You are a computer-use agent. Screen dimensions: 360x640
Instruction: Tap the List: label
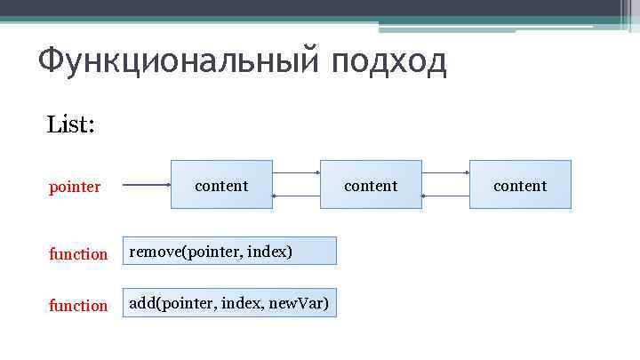[x=71, y=124]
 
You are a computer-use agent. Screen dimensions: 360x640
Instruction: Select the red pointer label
[x=75, y=188]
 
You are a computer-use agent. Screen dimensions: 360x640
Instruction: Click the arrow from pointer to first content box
[x=146, y=185]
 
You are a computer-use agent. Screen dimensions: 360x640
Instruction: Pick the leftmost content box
[x=221, y=185]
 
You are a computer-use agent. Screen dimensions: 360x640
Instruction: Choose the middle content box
[x=371, y=185]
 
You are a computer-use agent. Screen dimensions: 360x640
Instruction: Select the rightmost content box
[x=520, y=185]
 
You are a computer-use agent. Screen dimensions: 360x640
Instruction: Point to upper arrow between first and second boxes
[x=296, y=172]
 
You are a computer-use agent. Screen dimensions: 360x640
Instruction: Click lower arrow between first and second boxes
[x=296, y=196]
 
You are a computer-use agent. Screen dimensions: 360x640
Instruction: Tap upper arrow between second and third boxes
[x=445, y=172]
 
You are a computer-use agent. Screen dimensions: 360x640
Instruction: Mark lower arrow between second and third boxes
[x=445, y=196]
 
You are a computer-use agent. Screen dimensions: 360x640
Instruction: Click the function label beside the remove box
[x=78, y=254]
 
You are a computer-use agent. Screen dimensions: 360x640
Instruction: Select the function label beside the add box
[x=78, y=306]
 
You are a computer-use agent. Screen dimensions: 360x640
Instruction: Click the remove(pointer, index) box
[x=229, y=252]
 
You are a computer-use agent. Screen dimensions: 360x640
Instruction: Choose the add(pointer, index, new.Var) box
[x=229, y=303]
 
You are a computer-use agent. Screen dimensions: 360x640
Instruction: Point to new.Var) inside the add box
[x=299, y=304]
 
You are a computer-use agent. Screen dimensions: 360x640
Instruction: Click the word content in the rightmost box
[x=520, y=186]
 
